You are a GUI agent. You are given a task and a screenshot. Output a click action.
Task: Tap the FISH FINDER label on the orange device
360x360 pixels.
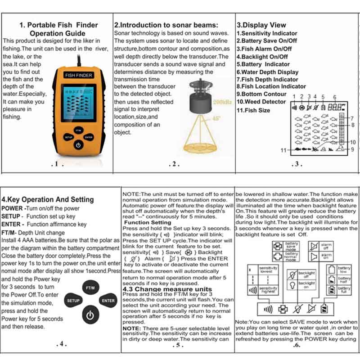point(79,76)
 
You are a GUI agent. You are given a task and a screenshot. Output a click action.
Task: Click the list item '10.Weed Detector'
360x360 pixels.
point(261,102)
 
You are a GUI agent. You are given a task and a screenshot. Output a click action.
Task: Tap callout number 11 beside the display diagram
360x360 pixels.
point(283,150)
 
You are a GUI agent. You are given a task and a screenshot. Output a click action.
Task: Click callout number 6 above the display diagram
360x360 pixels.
point(334,97)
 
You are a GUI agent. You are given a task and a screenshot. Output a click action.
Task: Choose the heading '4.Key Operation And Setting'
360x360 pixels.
point(48,199)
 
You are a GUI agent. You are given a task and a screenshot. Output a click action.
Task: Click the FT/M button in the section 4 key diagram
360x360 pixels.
point(90,287)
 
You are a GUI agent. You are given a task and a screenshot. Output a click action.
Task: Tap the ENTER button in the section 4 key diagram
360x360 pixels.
point(108,300)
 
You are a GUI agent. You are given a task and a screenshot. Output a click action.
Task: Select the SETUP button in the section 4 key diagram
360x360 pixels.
point(73,300)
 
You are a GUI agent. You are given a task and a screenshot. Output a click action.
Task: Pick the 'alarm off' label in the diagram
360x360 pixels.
point(326,246)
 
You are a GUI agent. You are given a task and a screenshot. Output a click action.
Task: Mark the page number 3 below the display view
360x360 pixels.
point(297,165)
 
